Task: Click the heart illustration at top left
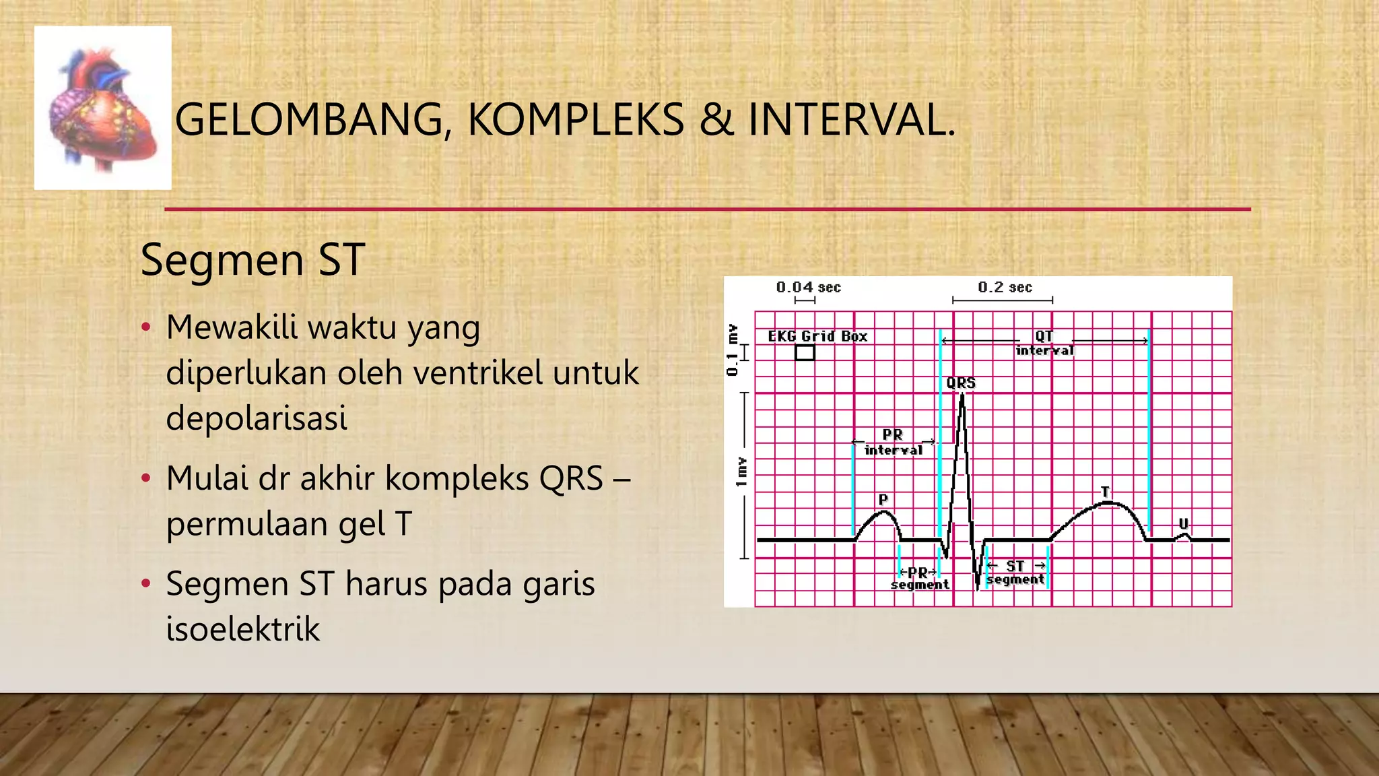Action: click(x=102, y=108)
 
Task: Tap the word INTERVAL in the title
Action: click(x=851, y=120)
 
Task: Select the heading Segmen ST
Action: click(x=253, y=260)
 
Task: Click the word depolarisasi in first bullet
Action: click(x=257, y=418)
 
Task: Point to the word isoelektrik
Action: click(x=243, y=629)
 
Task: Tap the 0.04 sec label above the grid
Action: click(x=808, y=288)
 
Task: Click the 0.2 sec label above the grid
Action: click(x=1005, y=288)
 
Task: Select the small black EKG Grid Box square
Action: click(x=805, y=352)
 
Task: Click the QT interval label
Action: click(x=1044, y=343)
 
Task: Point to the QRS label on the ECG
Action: click(x=961, y=383)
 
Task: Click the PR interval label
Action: click(x=893, y=443)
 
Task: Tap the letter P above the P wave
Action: click(x=883, y=500)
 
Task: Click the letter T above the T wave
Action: click(x=1105, y=492)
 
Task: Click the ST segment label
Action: click(x=1015, y=573)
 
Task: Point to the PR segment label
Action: click(x=920, y=579)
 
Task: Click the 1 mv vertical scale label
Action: click(x=741, y=472)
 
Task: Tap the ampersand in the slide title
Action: click(x=716, y=120)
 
